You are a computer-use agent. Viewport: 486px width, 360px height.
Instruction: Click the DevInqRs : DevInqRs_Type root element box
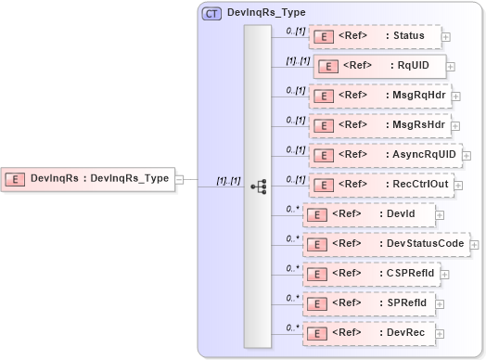coord(89,179)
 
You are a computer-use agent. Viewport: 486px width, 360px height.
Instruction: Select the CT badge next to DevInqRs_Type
coord(211,13)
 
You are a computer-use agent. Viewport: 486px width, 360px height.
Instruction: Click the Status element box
coord(374,36)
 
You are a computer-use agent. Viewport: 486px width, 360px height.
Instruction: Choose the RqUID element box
coord(380,66)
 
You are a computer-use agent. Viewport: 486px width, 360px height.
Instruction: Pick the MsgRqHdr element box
coord(379,96)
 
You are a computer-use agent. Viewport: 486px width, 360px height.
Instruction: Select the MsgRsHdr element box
coord(379,125)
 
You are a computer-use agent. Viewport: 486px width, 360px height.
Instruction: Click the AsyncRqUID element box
coord(384,155)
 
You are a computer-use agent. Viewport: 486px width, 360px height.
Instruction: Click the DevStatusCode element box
coord(387,243)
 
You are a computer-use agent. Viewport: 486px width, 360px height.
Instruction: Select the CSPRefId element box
coord(371,274)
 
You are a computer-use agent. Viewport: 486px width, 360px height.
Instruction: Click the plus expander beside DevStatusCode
coord(475,244)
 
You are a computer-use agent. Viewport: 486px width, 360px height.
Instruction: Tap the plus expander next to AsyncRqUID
coord(466,156)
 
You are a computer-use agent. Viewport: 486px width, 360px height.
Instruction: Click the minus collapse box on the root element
coord(180,180)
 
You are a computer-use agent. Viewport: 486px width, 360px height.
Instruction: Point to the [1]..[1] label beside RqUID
coord(297,60)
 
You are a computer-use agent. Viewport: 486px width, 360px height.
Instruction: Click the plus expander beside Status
coord(446,37)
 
